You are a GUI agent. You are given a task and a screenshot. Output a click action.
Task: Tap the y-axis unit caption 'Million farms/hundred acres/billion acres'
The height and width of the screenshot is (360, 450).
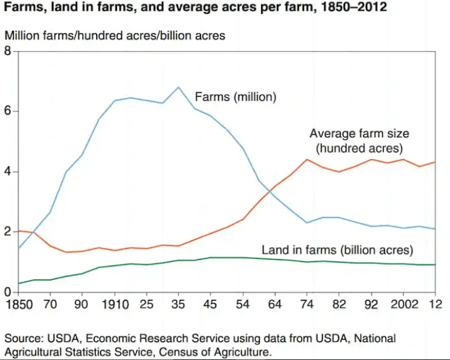(115, 35)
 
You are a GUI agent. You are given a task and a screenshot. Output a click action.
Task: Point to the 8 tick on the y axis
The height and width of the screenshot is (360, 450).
(8, 51)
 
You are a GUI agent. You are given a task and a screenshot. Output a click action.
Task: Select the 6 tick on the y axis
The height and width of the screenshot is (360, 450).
(8, 111)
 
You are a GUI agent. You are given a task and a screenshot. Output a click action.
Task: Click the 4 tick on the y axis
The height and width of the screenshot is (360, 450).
(8, 171)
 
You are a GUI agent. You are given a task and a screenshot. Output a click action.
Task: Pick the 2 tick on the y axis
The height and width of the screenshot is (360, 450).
(8, 232)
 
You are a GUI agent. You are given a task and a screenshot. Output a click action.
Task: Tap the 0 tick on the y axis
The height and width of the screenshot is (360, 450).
(8, 292)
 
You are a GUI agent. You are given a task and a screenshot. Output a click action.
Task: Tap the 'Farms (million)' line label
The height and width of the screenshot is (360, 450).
(236, 97)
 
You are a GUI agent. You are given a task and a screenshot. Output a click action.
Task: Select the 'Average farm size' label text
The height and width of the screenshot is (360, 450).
(359, 133)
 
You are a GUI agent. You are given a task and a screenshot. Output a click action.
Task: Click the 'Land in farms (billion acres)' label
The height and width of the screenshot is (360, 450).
(337, 250)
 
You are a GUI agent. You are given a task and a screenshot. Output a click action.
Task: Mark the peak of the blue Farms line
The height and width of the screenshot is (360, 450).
(179, 87)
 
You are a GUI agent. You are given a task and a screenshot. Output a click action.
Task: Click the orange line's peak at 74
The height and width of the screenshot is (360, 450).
(307, 159)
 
